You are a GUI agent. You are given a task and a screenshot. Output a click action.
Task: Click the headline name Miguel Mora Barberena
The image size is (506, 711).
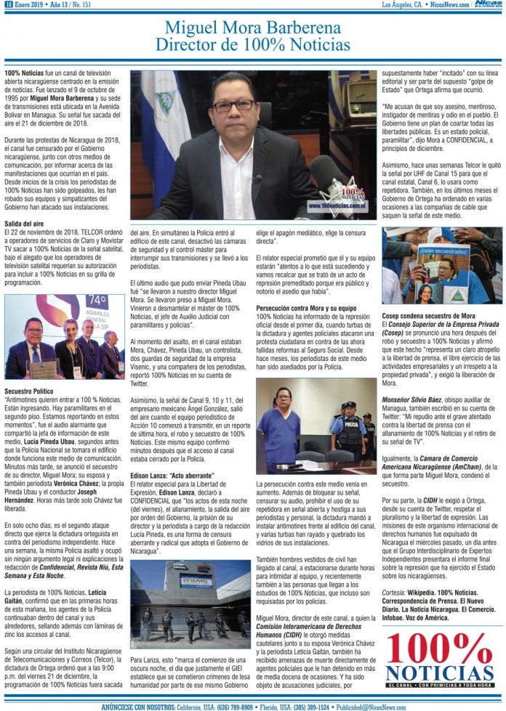252,28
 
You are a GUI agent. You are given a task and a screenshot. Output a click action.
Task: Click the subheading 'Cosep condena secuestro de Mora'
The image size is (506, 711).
428,315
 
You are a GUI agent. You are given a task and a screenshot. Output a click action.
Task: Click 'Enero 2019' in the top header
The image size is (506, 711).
30,5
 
